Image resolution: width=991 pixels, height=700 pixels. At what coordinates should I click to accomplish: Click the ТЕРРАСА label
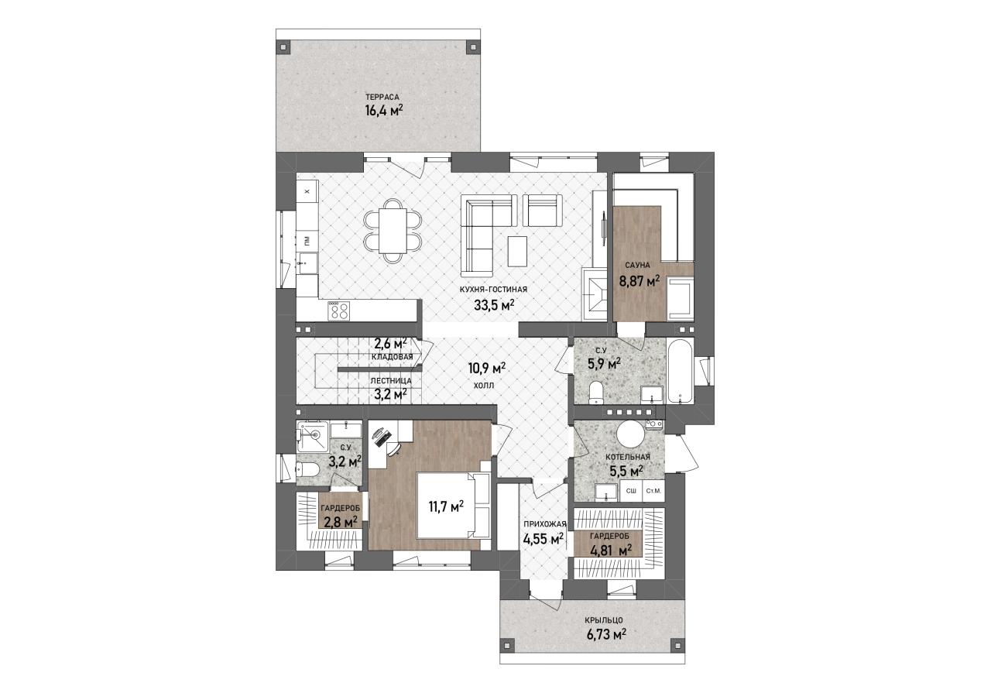pyautogui.click(x=382, y=97)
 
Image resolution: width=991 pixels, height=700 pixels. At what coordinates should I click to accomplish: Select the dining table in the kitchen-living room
pyautogui.click(x=393, y=231)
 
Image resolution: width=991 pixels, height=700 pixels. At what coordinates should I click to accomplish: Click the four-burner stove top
pyautogui.click(x=339, y=311)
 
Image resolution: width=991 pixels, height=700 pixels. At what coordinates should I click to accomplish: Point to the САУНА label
pyautogui.click(x=637, y=265)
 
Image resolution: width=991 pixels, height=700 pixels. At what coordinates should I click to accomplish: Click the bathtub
pyautogui.click(x=679, y=371)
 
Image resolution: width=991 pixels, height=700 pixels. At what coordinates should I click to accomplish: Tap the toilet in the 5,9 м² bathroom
pyautogui.click(x=596, y=393)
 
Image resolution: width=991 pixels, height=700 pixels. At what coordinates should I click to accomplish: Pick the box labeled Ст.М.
pyautogui.click(x=653, y=491)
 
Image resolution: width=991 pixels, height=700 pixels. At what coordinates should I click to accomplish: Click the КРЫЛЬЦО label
pyautogui.click(x=604, y=620)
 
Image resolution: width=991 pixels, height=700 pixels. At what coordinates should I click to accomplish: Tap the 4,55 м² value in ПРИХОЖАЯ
pyautogui.click(x=544, y=538)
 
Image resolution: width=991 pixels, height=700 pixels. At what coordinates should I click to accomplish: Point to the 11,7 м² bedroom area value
pyautogui.click(x=446, y=506)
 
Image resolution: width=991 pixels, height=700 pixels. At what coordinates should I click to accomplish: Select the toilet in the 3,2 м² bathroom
pyautogui.click(x=305, y=468)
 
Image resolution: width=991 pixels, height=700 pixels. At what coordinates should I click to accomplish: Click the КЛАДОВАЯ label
pyautogui.click(x=393, y=357)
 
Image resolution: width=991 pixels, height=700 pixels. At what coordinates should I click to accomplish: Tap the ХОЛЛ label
pyautogui.click(x=484, y=386)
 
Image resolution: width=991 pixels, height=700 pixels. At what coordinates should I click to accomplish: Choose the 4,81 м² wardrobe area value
pyautogui.click(x=611, y=551)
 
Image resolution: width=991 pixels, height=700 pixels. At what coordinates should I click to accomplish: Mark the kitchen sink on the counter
pyautogui.click(x=307, y=264)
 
